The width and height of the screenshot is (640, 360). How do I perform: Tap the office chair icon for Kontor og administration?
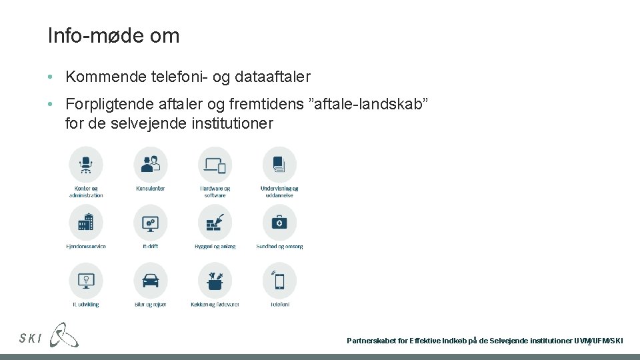tap(86, 163)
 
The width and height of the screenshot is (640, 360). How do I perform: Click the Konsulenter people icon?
tap(151, 163)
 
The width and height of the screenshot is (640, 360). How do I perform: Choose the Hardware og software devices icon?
tap(215, 163)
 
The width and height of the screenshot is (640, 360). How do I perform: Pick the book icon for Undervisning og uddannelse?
tap(279, 163)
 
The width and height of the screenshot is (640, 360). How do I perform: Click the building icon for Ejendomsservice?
tap(86, 222)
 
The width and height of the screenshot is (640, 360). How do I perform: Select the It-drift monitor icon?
tap(151, 222)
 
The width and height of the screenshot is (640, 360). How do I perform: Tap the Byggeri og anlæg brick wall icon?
tap(215, 222)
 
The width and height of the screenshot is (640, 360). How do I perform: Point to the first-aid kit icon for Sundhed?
tap(279, 222)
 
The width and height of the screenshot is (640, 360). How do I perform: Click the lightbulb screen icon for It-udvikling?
tap(86, 280)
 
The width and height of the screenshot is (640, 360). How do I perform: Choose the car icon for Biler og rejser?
tap(151, 280)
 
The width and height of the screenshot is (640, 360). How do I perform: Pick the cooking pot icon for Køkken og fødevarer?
tap(215, 280)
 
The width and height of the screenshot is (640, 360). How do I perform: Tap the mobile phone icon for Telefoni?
tap(279, 280)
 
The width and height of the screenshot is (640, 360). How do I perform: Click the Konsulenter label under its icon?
tap(151, 189)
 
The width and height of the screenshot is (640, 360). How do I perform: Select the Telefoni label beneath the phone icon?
tap(279, 305)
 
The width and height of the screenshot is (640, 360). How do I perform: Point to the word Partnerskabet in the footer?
tap(371, 341)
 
